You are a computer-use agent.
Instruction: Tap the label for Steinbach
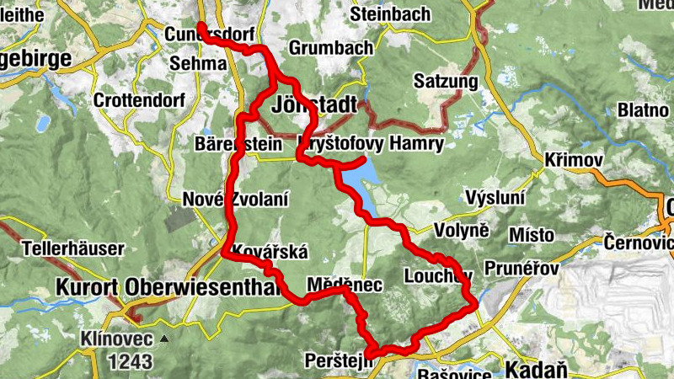(x=390, y=14)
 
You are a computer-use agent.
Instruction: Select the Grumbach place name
(x=330, y=48)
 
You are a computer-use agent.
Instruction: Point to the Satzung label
(x=446, y=82)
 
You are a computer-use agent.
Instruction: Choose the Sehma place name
(x=198, y=63)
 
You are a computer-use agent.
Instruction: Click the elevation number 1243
(x=131, y=362)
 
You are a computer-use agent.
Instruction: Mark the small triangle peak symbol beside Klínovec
(x=164, y=339)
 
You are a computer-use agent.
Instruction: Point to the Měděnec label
(x=345, y=286)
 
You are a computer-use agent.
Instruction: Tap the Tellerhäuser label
(x=73, y=249)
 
